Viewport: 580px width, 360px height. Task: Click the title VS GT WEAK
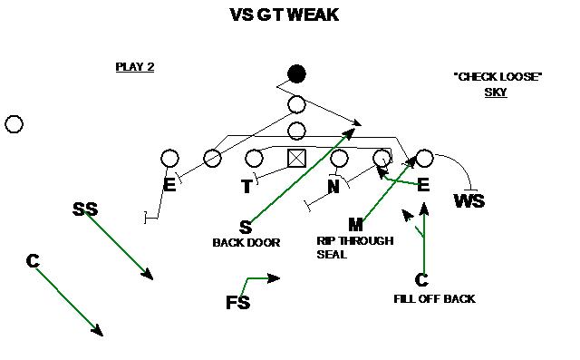(284, 15)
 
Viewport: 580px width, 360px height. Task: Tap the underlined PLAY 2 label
(134, 66)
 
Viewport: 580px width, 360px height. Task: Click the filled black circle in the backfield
(296, 74)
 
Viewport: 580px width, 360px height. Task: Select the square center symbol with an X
(296, 158)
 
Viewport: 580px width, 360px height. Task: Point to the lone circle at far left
(14, 124)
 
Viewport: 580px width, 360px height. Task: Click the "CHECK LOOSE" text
(497, 77)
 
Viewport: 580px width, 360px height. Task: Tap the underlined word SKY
(496, 92)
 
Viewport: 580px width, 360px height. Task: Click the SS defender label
(84, 210)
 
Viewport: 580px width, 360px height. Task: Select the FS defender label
(237, 303)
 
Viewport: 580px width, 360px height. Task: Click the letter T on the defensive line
(246, 187)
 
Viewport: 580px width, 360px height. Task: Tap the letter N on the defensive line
(333, 187)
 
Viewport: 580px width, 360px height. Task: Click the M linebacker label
(356, 224)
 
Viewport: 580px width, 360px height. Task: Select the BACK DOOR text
(246, 242)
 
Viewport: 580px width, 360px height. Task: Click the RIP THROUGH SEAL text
(354, 247)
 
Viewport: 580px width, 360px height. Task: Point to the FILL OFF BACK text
(434, 298)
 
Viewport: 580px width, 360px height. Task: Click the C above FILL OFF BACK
(421, 280)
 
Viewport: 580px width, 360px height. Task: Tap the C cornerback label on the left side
(33, 261)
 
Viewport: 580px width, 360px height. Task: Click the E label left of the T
(169, 186)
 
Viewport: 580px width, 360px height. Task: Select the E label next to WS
(422, 185)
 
